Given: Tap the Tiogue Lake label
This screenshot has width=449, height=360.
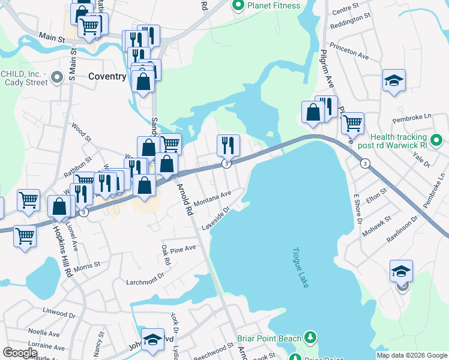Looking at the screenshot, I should pyautogui.click(x=300, y=268).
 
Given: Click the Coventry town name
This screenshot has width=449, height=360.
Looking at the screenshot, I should pyautogui.click(x=107, y=76).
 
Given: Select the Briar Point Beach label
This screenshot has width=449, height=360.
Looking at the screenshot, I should pyautogui.click(x=269, y=338).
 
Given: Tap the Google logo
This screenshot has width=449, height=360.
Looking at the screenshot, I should pyautogui.click(x=20, y=353).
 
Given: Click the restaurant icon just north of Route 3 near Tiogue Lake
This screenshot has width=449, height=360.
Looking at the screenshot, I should pyautogui.click(x=228, y=145).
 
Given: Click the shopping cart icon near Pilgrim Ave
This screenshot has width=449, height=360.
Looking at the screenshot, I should pyautogui.click(x=352, y=123).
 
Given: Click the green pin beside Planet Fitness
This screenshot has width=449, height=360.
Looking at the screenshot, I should pyautogui.click(x=238, y=6).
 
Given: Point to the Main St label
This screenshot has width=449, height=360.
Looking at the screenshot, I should pyautogui.click(x=53, y=38).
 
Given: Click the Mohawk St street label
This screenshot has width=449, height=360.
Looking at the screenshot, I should pyautogui.click(x=379, y=223).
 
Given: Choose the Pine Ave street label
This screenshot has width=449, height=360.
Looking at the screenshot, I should pyautogui.click(x=183, y=248).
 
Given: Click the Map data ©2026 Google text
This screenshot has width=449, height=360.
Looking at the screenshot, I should pyautogui.click(x=411, y=355).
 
